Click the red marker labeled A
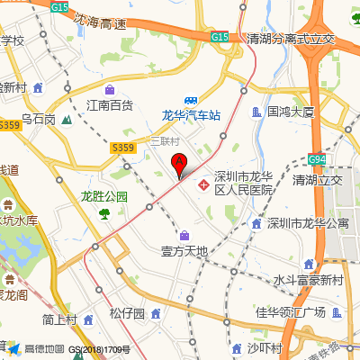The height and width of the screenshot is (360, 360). [x=179, y=165]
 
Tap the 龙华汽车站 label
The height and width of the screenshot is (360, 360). [x=191, y=115]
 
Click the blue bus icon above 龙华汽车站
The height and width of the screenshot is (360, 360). [x=191, y=101]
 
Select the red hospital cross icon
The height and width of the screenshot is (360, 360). [x=205, y=184]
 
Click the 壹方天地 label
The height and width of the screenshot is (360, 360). [x=184, y=250]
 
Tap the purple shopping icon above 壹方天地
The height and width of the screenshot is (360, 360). [x=184, y=235]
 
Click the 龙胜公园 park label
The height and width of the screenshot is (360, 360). [x=104, y=196]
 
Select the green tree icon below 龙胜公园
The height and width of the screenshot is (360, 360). [x=104, y=212]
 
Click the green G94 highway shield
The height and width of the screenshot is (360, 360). [x=316, y=159]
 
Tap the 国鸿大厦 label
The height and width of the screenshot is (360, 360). [x=290, y=112]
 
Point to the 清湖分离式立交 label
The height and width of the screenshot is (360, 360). [x=291, y=39]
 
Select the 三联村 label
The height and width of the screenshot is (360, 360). [x=165, y=141]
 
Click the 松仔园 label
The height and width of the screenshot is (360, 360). [x=127, y=313]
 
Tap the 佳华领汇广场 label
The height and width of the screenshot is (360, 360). [x=289, y=312]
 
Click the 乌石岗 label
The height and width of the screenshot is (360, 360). [x=39, y=119]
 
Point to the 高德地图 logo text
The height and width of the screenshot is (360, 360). [x=44, y=349]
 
